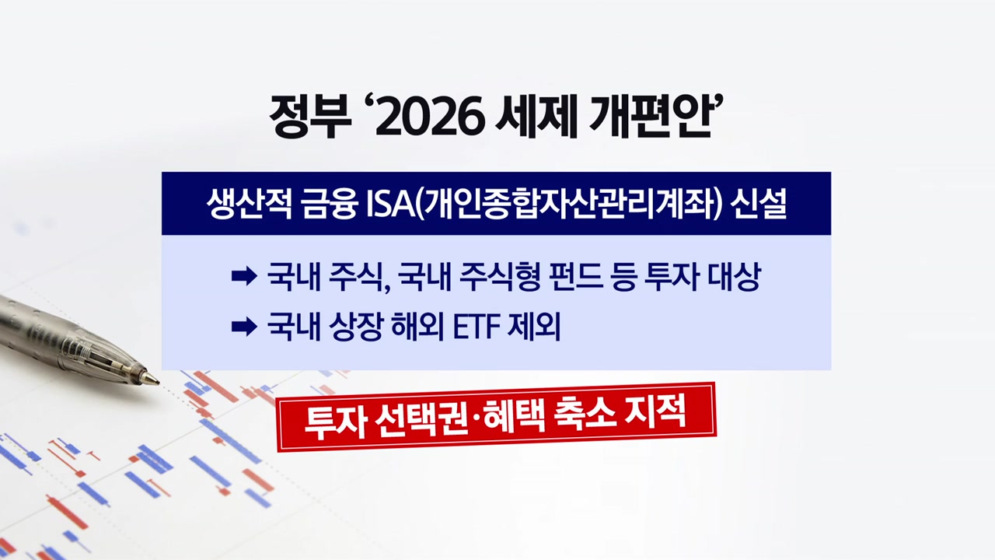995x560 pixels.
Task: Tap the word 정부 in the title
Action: [x=310, y=117]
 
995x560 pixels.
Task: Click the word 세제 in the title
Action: [x=536, y=117]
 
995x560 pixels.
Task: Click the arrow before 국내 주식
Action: [x=244, y=277]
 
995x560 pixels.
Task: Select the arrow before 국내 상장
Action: [x=244, y=327]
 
